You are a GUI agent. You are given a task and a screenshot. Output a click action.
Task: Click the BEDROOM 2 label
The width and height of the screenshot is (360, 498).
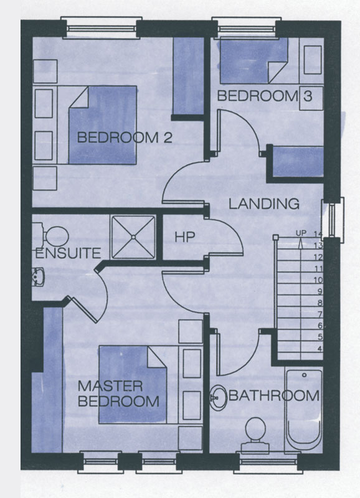[125, 138]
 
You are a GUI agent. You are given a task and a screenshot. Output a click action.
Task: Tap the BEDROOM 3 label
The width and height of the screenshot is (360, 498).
[265, 96]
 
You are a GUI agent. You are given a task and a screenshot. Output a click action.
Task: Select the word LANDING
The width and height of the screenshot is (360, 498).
[264, 204]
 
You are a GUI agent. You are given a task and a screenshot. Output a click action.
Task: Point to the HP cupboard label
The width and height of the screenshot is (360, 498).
[184, 237]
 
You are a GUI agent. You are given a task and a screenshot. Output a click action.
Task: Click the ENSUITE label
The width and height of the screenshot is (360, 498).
[68, 253]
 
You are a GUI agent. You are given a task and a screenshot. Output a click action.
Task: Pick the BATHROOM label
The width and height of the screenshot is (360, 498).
[274, 396]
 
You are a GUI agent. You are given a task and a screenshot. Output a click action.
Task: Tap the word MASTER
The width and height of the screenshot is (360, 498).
[110, 386]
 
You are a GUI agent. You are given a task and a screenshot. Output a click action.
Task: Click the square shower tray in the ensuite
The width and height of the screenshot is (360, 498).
[133, 237]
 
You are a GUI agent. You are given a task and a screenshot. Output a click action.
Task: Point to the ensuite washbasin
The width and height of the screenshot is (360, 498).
[38, 276]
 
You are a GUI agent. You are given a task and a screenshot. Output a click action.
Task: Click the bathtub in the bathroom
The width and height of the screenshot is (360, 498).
[304, 410]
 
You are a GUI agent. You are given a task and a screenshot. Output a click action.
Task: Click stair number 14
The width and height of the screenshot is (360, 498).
[318, 234]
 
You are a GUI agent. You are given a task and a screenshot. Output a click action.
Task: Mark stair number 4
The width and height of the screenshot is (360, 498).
[320, 349]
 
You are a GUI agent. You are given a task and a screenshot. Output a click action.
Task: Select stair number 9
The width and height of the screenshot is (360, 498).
[320, 291]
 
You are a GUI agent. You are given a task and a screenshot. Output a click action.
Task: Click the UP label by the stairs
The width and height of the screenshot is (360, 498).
[301, 233]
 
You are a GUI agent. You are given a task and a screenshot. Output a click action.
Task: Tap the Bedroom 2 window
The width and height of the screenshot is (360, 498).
[102, 28]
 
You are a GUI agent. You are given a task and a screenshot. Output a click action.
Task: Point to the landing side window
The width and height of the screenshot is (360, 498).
[333, 220]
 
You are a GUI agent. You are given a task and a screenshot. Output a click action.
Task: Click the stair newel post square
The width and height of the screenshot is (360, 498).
[275, 237]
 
